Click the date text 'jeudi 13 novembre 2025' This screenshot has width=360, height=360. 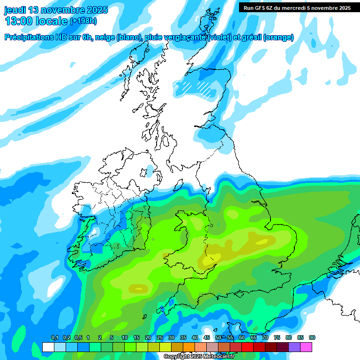click(x=56, y=10)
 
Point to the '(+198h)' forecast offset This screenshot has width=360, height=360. click(x=83, y=21)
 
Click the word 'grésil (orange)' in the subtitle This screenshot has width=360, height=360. click(x=267, y=37)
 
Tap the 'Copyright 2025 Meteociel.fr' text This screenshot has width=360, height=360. click(x=199, y=357)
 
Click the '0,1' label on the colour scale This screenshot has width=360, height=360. click(x=54, y=337)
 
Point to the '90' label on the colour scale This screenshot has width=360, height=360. click(x=312, y=337)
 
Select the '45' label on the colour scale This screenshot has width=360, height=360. click(x=207, y=337)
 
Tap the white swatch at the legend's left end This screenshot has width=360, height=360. click(x=48, y=347)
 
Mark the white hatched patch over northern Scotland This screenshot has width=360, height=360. click(x=197, y=87)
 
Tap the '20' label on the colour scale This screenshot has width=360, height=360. click(x=148, y=337)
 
